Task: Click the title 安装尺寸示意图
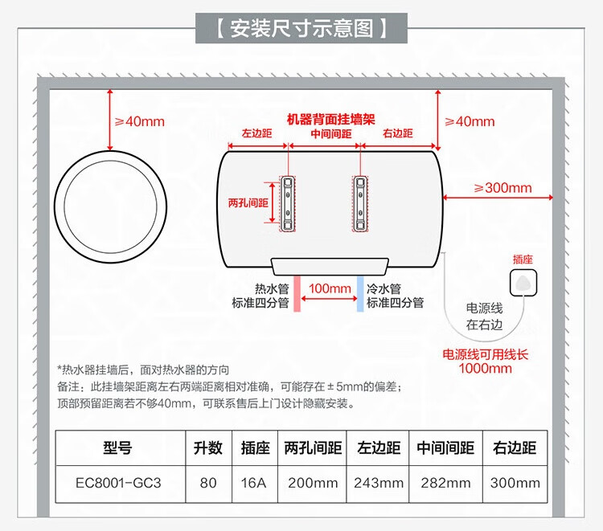click(x=301, y=30)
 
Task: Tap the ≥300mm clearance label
click(x=503, y=188)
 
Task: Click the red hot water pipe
click(x=297, y=294)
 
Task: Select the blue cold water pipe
click(x=359, y=294)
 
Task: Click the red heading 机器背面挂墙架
click(x=331, y=118)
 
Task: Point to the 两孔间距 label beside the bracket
click(x=248, y=203)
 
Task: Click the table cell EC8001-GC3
click(x=118, y=483)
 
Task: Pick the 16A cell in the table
click(x=248, y=483)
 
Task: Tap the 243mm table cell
click(x=379, y=483)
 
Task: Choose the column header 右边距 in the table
click(x=515, y=448)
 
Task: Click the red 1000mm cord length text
click(x=485, y=369)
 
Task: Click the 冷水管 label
click(x=384, y=288)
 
